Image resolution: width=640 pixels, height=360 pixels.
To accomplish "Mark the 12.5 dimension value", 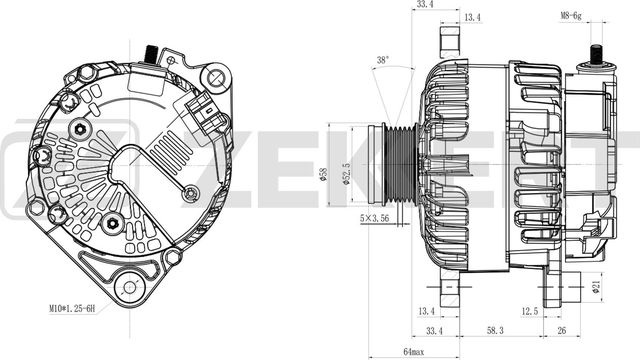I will (529, 311).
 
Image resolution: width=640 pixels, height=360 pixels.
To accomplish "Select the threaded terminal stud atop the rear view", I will (153, 53).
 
